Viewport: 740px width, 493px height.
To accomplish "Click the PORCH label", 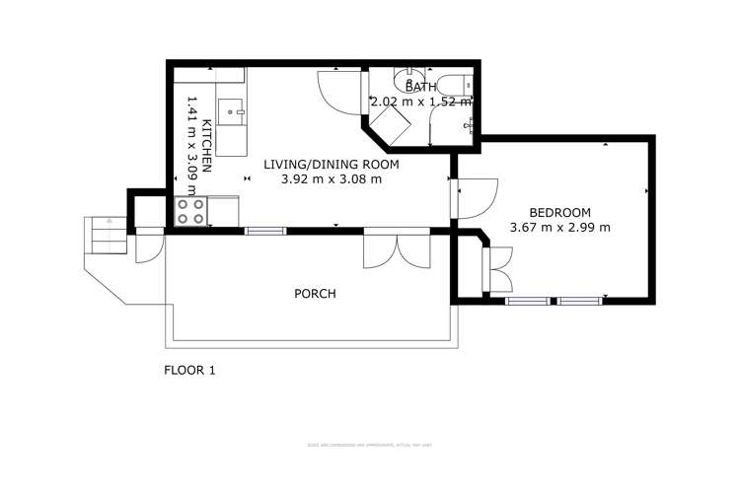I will tap(315, 294).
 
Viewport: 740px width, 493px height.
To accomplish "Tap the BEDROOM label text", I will tap(559, 212).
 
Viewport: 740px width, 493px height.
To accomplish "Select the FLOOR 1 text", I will tap(188, 371).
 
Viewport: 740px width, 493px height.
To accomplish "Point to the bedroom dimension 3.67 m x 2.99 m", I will tap(559, 228).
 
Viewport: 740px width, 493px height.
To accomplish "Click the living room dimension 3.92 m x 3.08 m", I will tap(332, 179).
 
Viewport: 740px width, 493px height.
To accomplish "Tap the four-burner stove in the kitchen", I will tap(190, 211).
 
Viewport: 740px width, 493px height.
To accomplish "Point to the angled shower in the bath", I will tap(393, 122).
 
